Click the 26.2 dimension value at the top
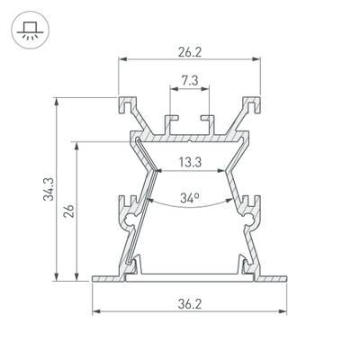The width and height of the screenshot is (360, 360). coord(189,51)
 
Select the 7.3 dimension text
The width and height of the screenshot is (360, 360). coord(189,80)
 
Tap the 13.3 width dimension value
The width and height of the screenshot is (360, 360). coord(189,162)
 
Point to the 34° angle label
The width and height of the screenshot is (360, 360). coord(189,196)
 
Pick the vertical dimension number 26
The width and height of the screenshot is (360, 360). coord(69,211)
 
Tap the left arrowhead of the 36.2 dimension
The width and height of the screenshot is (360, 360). coord(95,311)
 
